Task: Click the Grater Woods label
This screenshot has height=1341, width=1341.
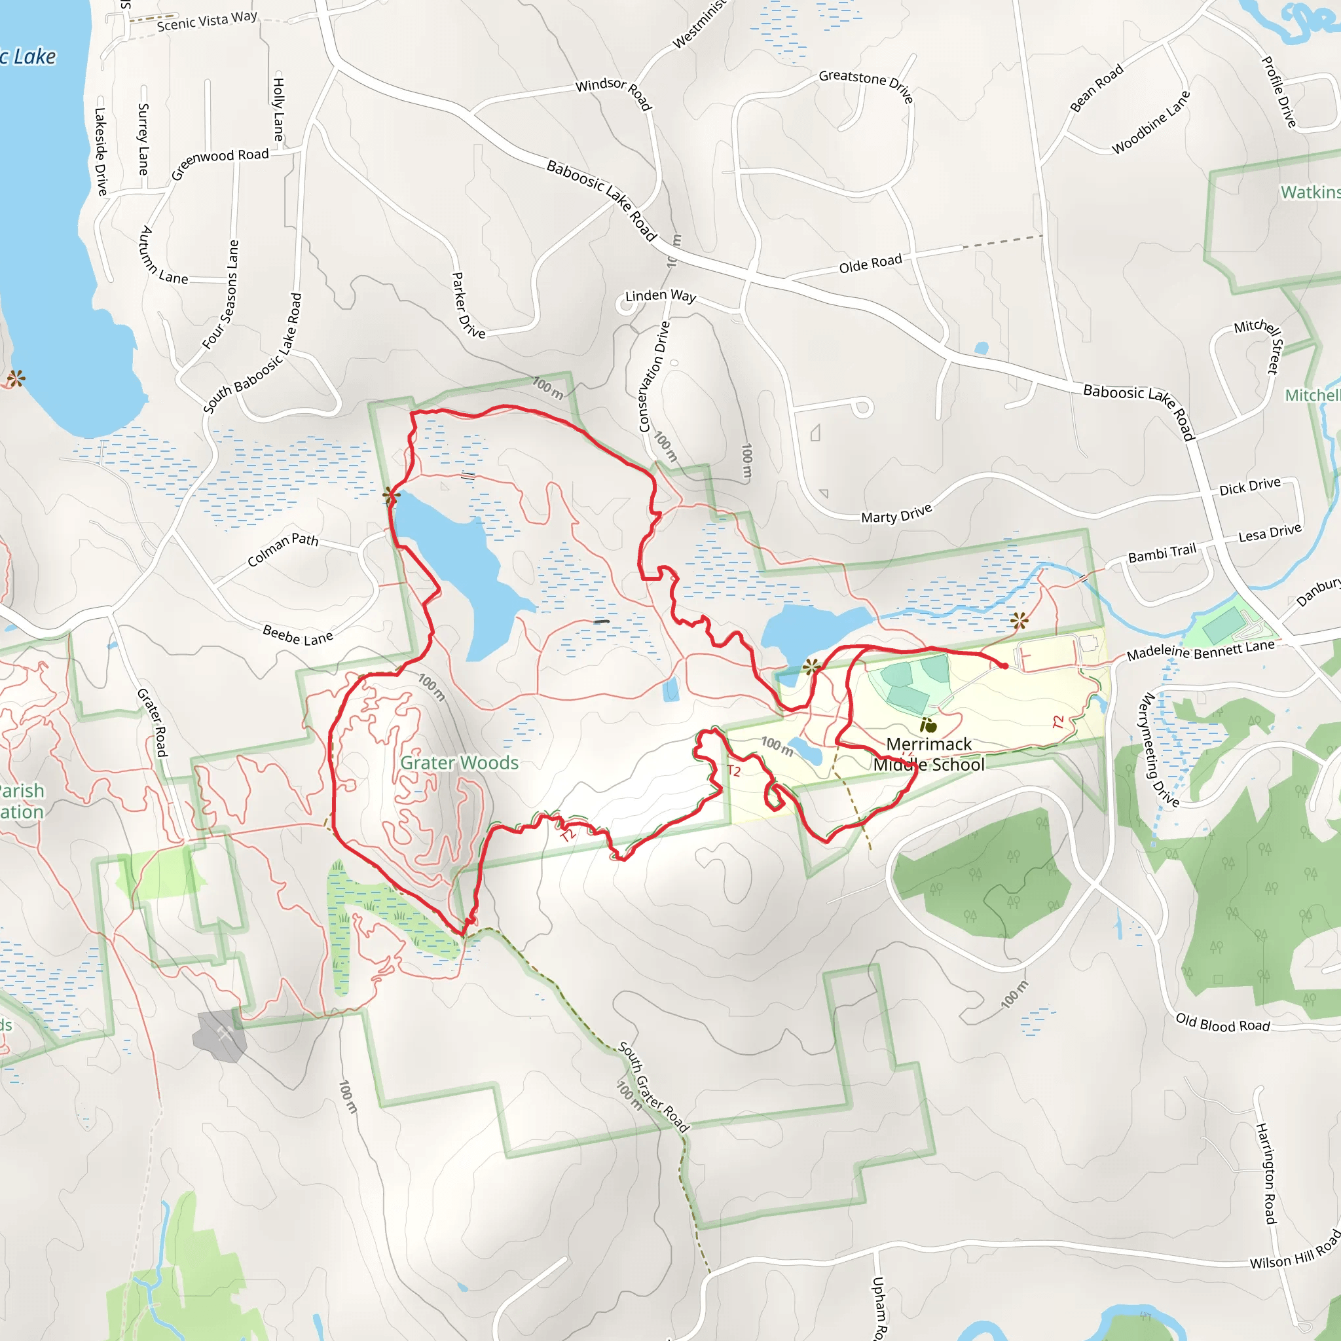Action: [x=459, y=763]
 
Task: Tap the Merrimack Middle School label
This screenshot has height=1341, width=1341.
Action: [x=928, y=754]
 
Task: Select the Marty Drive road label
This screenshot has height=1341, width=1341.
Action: [x=896, y=514]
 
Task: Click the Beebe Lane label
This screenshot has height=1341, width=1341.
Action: [x=298, y=634]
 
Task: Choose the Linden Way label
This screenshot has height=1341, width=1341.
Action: [x=660, y=296]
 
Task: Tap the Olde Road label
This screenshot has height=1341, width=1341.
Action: [x=870, y=264]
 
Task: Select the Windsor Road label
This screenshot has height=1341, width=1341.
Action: [x=614, y=92]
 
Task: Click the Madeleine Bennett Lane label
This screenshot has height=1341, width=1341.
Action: [x=1200, y=650]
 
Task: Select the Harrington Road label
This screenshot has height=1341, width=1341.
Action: [x=1266, y=1173]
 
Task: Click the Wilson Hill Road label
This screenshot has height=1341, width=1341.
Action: [x=1295, y=1250]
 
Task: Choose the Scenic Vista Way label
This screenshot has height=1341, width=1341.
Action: [x=207, y=21]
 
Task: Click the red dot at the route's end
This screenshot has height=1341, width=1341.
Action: [x=1004, y=666]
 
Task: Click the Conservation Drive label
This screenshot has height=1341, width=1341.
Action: [x=654, y=377]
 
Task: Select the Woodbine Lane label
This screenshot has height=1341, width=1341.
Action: [x=1151, y=122]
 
